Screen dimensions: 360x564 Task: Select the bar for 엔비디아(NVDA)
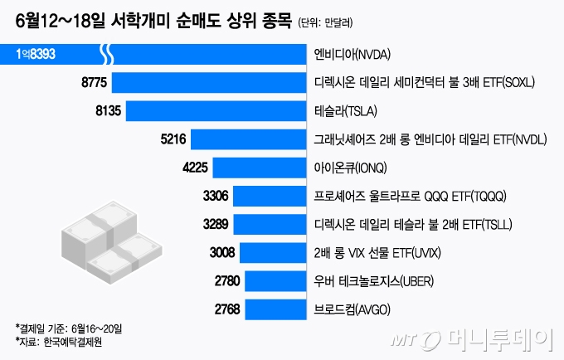point(207,56)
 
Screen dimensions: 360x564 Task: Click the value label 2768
point(227,310)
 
